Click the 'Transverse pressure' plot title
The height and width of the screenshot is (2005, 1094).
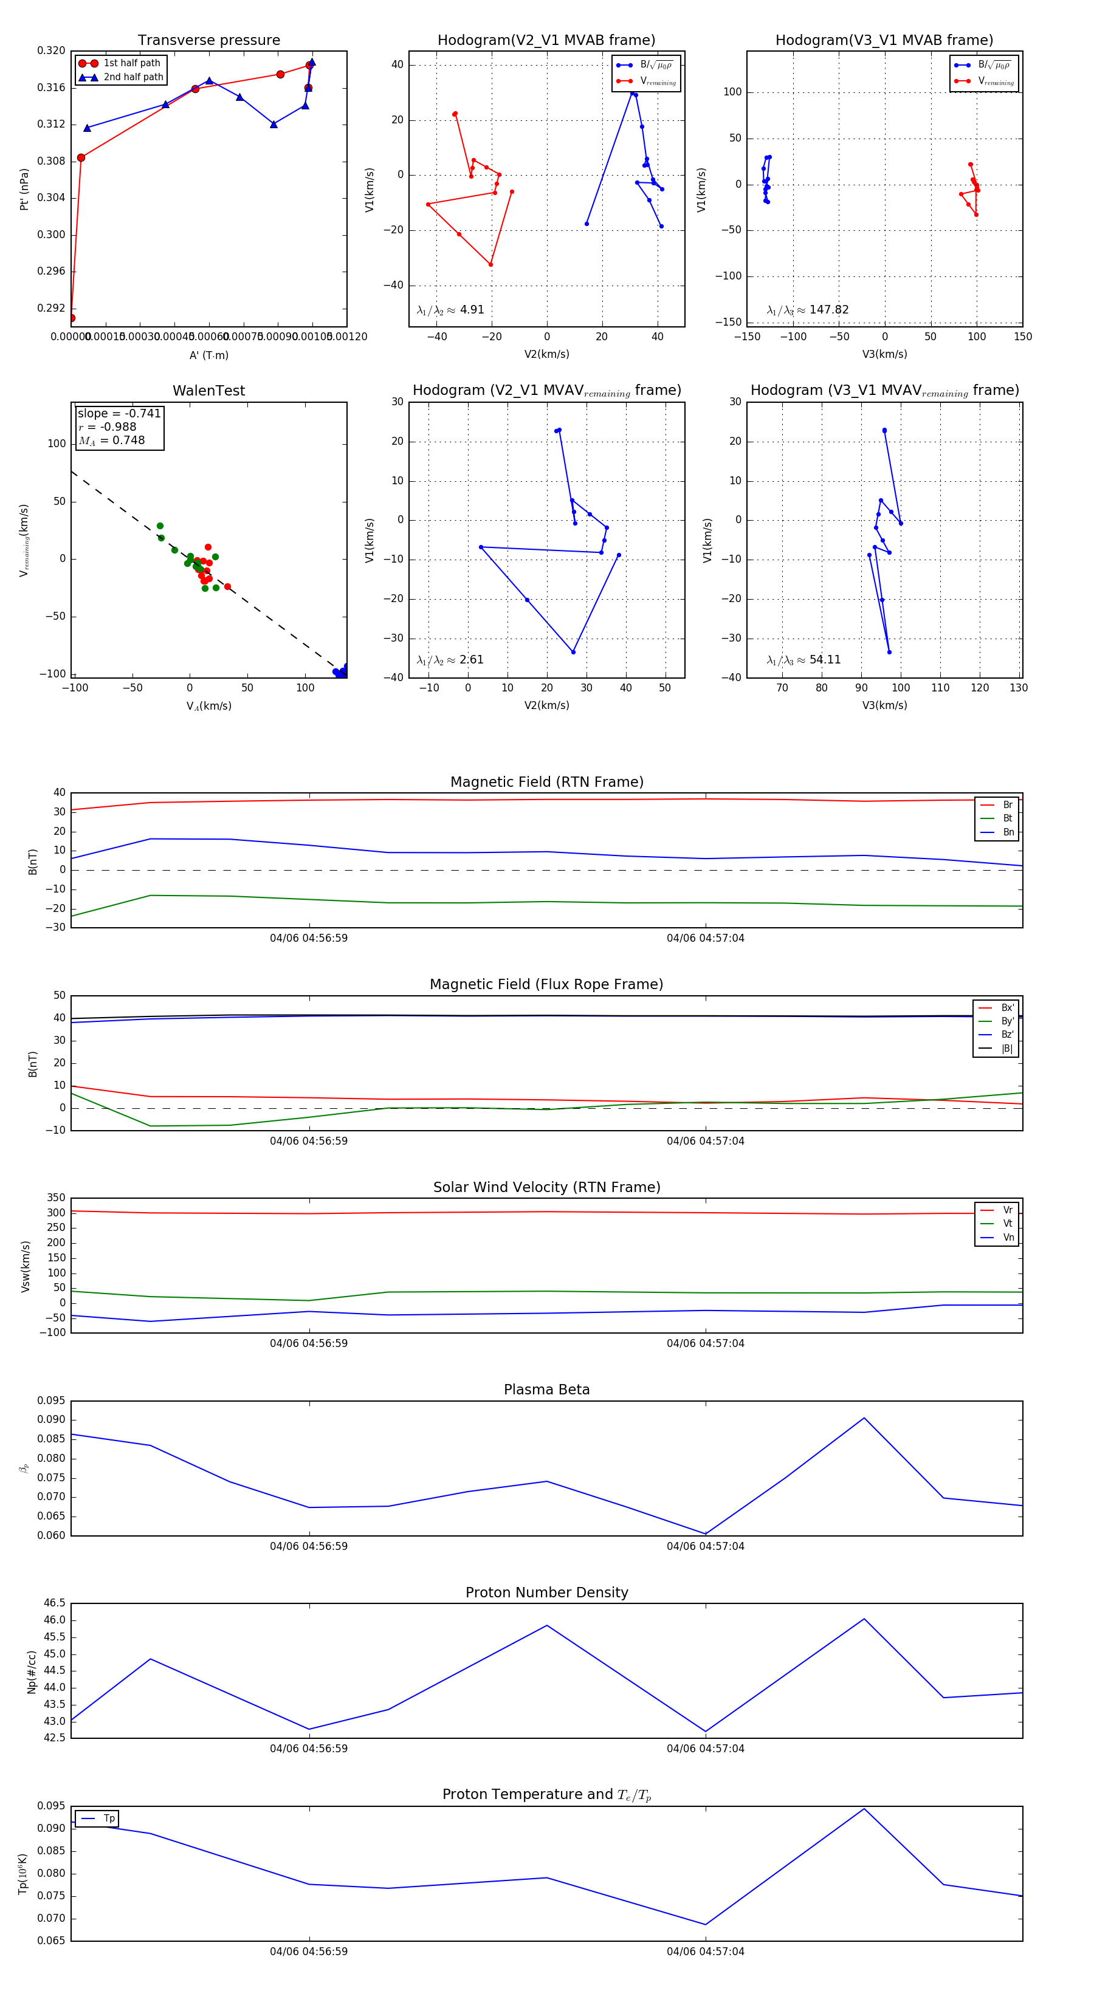[x=208, y=41]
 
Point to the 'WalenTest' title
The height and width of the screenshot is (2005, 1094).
[x=208, y=391]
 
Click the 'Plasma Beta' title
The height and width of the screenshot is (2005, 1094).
[x=546, y=1390]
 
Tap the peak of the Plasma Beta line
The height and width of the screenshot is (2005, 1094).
[x=864, y=1418]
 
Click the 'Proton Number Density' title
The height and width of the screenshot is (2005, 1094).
[x=546, y=1592]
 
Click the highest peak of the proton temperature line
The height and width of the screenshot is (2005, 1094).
[x=864, y=1809]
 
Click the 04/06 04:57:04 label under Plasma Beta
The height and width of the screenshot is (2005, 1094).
[x=704, y=1546]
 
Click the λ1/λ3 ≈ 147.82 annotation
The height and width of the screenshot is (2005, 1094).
[x=808, y=310]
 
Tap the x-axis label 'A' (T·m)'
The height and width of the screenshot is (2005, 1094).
[x=208, y=355]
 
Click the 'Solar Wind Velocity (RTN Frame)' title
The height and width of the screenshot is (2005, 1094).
[x=546, y=1187]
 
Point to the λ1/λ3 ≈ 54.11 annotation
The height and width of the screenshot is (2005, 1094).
[x=803, y=660]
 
